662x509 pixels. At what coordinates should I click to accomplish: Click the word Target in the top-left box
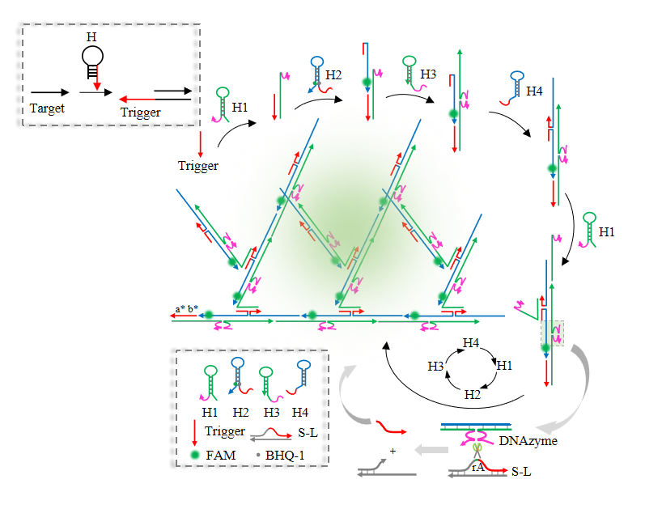coord(47,107)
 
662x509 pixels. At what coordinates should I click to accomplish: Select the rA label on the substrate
coord(478,467)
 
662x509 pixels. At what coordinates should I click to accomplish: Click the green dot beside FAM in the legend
coord(196,455)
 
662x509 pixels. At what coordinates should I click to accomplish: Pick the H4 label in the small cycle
coord(472,342)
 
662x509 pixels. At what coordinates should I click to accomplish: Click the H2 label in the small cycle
coord(472,395)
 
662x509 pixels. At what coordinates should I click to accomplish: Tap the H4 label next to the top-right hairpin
coord(534,91)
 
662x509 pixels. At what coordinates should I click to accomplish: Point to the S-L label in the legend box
coord(307,432)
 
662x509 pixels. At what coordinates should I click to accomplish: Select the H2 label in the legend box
coord(239,410)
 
